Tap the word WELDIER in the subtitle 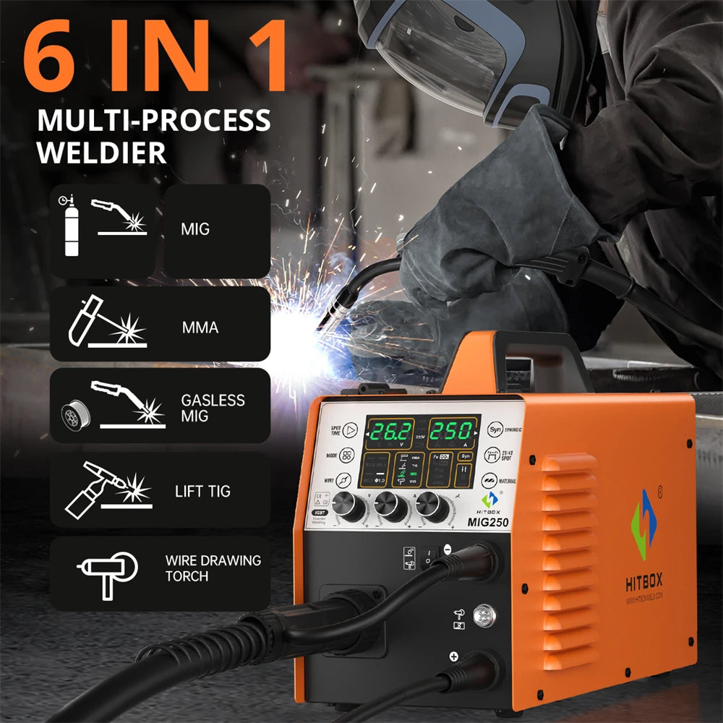point(102,153)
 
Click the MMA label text point(200,328)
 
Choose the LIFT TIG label point(202,492)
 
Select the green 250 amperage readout point(451,432)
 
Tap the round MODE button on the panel point(347,458)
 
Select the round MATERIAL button point(495,479)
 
